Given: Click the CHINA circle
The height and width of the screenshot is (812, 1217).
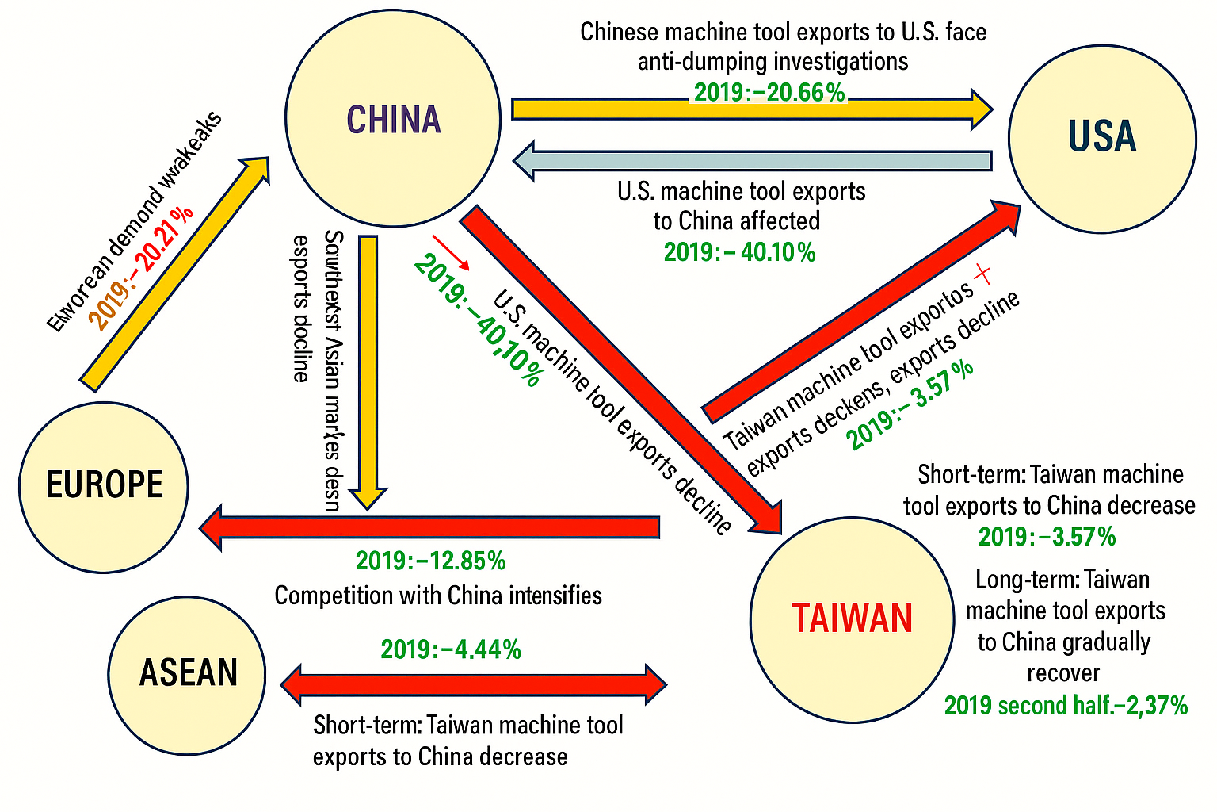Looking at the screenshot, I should coord(393,119).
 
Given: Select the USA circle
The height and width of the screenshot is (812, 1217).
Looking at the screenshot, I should coord(1102,139).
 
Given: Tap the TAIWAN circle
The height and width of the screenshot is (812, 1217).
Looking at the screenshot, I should coord(852,619).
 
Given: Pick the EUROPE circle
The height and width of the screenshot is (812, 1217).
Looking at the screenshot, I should coord(104,486).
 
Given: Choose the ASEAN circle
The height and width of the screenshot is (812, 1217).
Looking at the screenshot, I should coord(187,674).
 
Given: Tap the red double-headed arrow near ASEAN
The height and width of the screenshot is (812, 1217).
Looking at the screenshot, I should coord(474,684).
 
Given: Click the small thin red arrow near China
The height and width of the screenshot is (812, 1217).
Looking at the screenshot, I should coord(450,252).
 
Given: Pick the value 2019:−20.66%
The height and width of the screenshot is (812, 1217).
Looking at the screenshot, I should coord(769,93).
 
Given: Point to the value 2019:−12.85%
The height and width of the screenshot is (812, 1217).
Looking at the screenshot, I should coord(430,561).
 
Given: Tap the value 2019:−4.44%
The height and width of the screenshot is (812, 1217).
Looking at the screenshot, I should coord(451,650).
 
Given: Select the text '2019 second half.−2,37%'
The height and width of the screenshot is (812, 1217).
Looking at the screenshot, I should coord(1066,706).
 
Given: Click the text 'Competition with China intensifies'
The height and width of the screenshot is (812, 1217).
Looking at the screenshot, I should coord(438,596).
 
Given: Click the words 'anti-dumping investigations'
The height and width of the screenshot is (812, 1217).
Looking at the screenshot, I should coord(773,62).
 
